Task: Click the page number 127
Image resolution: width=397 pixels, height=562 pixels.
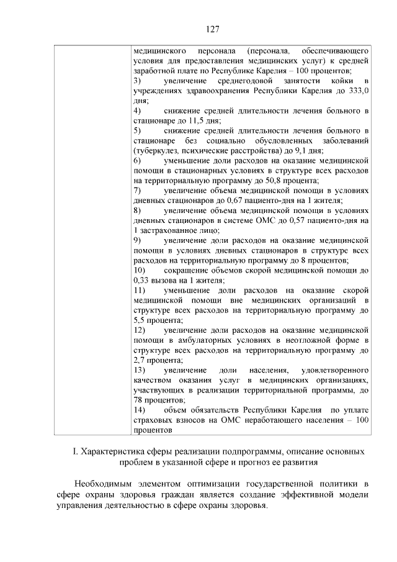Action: pyautogui.click(x=212, y=29)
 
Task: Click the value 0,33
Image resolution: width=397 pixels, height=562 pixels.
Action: pyautogui.click(x=143, y=280)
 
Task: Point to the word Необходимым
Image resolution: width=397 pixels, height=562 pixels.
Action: pyautogui.click(x=104, y=483)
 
